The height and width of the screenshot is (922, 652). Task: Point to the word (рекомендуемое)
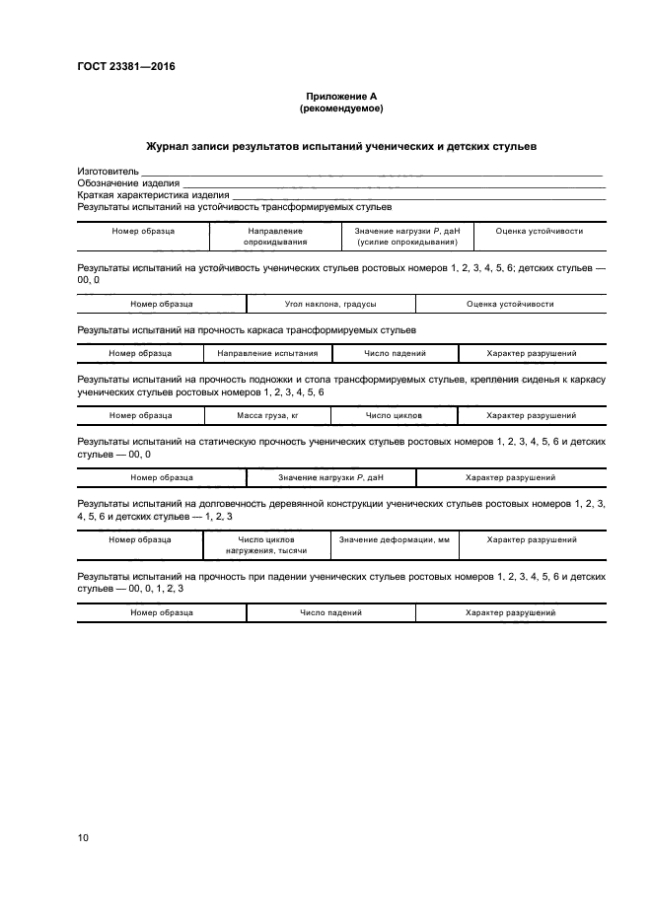pos(342,107)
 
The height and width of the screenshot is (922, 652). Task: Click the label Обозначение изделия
pos(128,183)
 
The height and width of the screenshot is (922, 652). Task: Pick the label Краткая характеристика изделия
pos(153,195)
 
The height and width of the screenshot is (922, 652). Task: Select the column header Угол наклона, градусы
pos(330,305)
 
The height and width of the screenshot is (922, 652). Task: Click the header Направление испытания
pos(267,353)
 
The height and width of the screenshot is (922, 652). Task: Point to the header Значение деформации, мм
pos(394,539)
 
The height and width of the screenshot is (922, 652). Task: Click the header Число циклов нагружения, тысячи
pos(267,544)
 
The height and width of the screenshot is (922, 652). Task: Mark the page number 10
pos(83,838)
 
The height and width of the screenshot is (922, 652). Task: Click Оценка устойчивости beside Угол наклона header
pos(510,305)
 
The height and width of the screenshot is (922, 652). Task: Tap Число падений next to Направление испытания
pos(394,353)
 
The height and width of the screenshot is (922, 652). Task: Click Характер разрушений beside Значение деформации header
pos(532,539)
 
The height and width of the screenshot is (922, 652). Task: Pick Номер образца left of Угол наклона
pos(161,305)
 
